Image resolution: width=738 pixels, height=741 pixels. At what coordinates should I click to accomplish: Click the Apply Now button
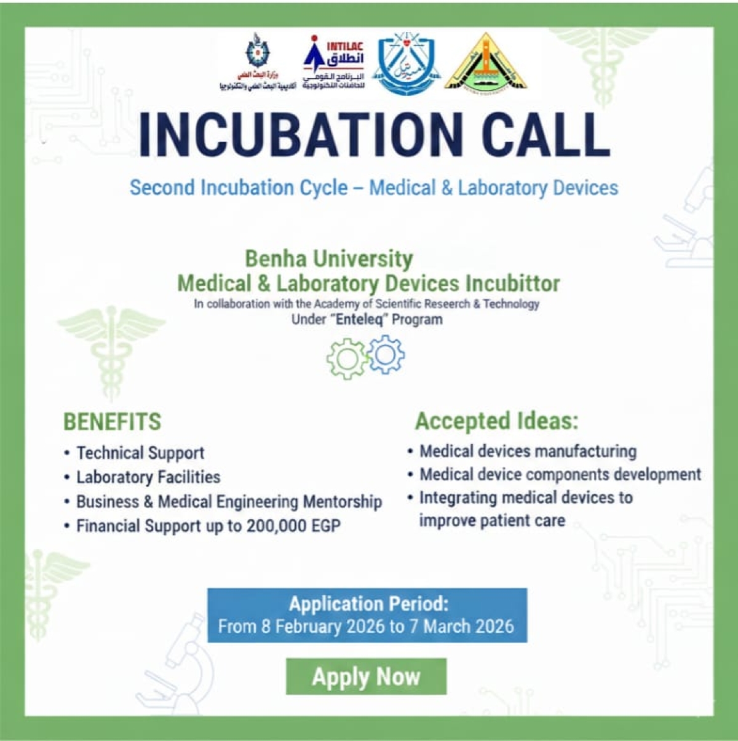pos(366,676)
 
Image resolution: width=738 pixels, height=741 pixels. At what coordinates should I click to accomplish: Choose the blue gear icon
pos(386,355)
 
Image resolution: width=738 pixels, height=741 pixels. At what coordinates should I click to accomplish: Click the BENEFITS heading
pos(112,422)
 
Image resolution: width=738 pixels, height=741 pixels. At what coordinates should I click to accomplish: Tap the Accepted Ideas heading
pos(496,421)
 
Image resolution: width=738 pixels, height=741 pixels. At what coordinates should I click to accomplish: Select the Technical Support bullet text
pos(140,453)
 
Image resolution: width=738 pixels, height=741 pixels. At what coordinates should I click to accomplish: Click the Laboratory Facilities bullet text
pos(148,477)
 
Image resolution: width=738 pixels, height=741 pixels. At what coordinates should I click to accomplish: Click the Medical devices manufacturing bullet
pos(528,451)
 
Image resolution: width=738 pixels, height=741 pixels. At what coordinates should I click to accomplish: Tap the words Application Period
pos(368,604)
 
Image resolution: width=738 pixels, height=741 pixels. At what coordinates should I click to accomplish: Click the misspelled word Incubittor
pos(512,283)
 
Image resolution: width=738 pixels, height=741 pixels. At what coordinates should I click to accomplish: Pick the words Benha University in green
pos(329,259)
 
